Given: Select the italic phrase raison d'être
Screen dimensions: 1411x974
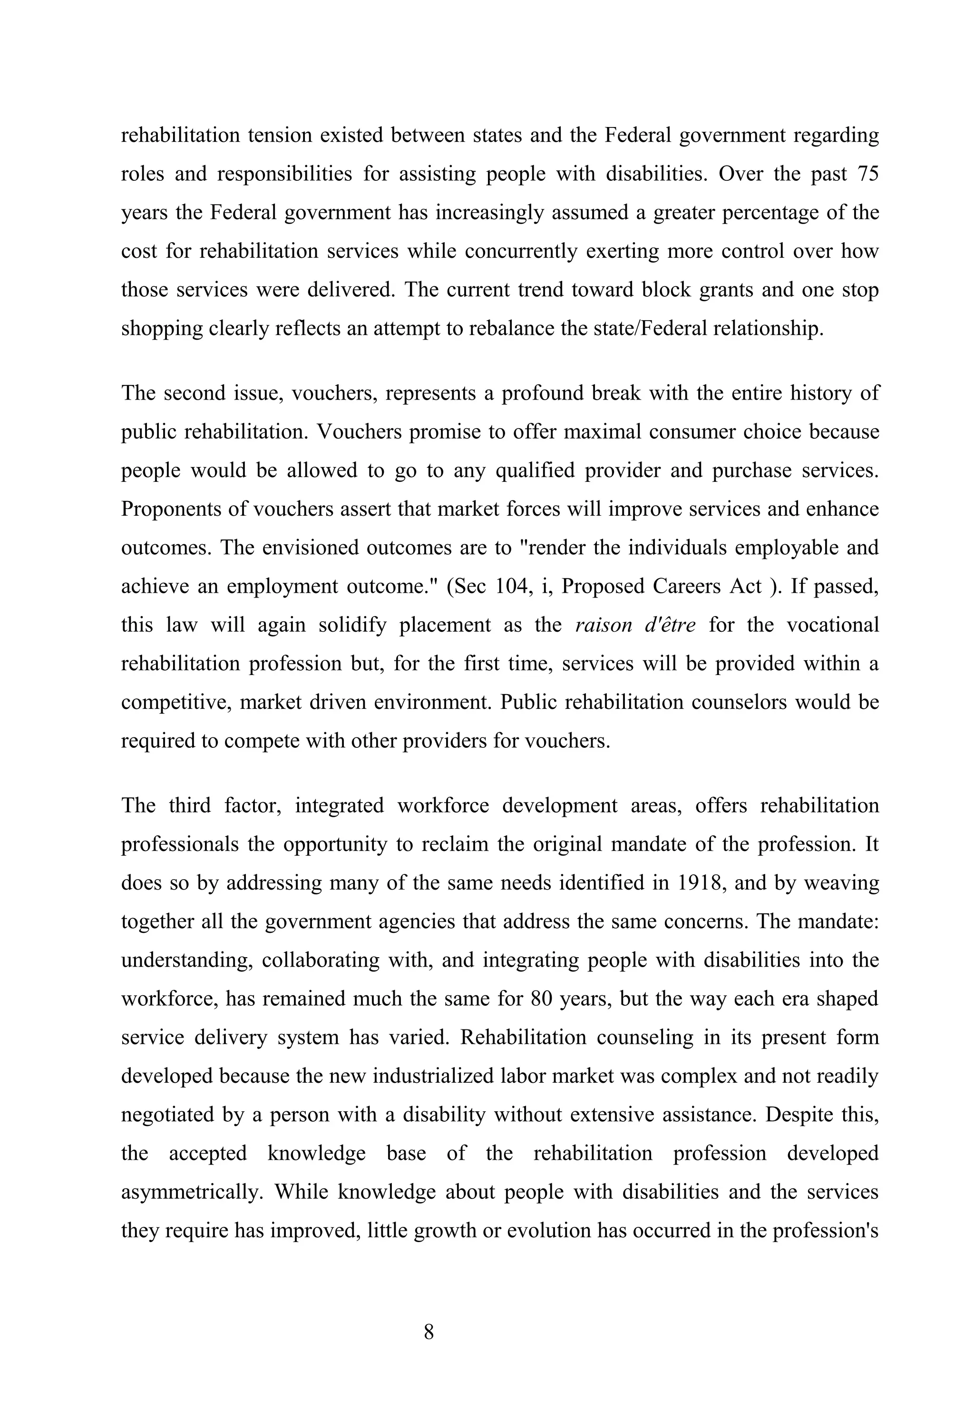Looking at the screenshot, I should click(x=635, y=626).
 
